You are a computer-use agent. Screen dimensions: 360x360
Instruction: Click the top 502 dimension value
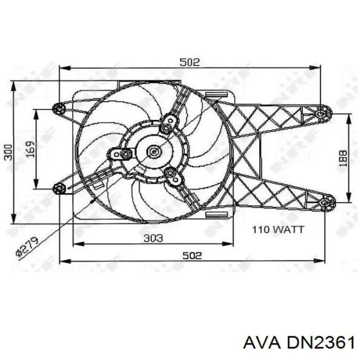(x=189, y=62)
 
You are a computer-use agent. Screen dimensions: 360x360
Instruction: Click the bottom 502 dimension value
(x=191, y=255)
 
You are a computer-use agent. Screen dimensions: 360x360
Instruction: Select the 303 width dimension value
(x=153, y=238)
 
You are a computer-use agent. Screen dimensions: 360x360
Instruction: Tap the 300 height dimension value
(x=7, y=152)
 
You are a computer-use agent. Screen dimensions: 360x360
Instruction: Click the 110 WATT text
(x=278, y=229)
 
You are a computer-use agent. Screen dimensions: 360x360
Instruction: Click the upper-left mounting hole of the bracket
(x=58, y=108)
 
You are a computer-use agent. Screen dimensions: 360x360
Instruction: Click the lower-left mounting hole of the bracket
(x=60, y=189)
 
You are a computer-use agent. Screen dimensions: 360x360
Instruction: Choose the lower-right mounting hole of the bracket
(x=327, y=203)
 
